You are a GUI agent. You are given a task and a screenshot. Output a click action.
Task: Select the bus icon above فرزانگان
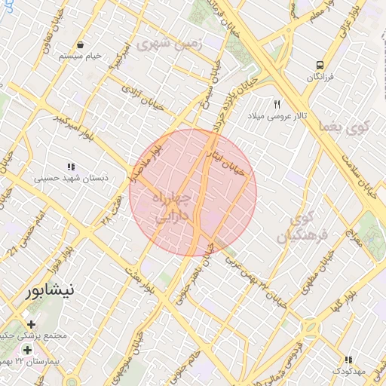pos(320,66)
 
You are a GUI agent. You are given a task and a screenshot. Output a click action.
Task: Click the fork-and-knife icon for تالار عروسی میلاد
pos(277,105)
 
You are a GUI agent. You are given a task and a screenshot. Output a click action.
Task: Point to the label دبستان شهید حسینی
pos(72,179)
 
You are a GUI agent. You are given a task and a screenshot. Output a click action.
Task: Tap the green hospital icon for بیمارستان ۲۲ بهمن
pos(28,351)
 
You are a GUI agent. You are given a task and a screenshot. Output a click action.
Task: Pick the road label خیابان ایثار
pos(228,160)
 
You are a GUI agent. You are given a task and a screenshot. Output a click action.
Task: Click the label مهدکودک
pos(348,372)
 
